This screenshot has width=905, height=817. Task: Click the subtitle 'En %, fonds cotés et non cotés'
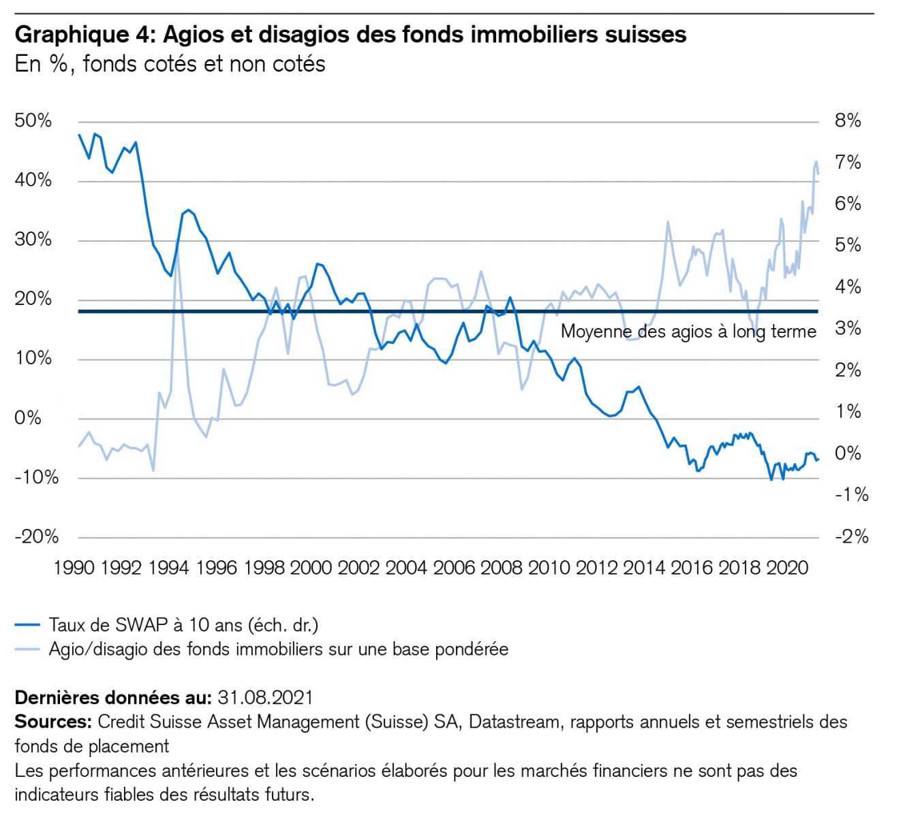pos(170,64)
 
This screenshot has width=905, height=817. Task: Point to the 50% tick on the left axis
pos(33,121)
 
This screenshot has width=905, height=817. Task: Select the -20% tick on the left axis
pos(36,537)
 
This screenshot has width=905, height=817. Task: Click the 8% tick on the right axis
pos(848,121)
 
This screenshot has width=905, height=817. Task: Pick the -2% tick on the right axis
pos(851,537)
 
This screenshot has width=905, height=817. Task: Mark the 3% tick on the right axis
pos(848,329)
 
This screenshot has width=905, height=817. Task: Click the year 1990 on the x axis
pos(74,568)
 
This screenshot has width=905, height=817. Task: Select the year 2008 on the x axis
pos(502,568)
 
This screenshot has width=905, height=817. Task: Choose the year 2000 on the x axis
pos(311,568)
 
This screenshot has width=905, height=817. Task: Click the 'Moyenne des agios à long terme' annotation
pos(688,332)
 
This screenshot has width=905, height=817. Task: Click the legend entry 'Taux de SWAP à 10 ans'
pos(183,625)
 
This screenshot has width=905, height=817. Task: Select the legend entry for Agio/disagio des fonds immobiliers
pos(278,650)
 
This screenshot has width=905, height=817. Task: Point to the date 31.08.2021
pos(265,698)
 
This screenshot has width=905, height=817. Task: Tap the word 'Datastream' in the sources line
pos(512,722)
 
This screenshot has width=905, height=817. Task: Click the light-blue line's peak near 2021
pos(816,162)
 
